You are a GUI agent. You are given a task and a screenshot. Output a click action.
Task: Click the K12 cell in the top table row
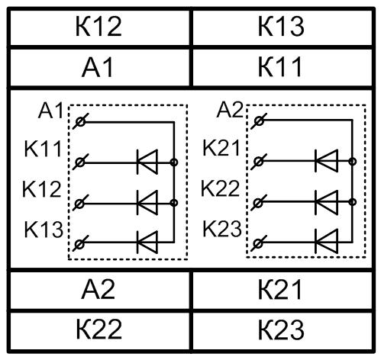(98, 27)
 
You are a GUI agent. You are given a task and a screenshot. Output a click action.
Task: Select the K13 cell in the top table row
(282, 27)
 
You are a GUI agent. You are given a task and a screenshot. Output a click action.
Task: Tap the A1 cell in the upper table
(98, 67)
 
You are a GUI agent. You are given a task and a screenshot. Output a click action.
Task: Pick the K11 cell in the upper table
(282, 67)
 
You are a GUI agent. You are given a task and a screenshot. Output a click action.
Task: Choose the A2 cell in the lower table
(98, 290)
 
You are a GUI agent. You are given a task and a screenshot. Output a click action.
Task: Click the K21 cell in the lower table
(282, 290)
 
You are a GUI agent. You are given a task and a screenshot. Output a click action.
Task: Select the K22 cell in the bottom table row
(98, 330)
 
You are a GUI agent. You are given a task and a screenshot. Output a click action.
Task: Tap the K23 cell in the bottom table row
(282, 330)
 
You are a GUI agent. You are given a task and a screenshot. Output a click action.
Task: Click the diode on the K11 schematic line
(147, 162)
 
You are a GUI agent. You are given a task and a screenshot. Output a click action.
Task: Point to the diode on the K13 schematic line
(147, 243)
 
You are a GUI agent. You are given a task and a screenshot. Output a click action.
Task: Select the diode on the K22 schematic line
(327, 202)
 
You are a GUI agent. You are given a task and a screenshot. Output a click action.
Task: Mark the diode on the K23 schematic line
(327, 241)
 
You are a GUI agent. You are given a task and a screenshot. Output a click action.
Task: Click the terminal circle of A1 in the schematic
(81, 122)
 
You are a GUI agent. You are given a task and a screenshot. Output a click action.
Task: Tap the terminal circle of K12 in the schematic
(80, 204)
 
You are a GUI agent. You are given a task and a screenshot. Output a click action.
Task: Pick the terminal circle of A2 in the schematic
(259, 121)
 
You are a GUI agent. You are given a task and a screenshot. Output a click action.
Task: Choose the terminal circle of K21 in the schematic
(259, 161)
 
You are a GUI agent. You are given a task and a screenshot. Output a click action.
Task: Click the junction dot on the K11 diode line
(174, 162)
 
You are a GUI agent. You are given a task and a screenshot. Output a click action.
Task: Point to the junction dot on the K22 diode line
(353, 202)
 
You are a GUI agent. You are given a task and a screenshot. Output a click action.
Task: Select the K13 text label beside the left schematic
(44, 230)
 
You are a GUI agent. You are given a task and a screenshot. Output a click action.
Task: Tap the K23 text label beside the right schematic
(222, 229)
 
